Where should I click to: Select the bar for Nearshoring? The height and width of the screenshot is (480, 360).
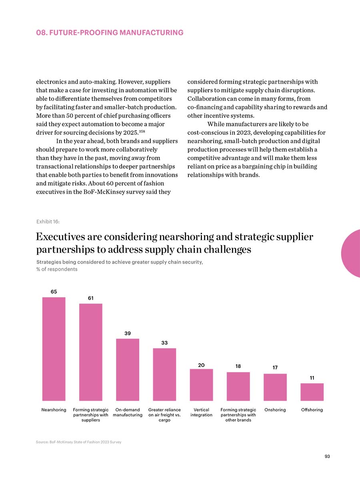(54, 349)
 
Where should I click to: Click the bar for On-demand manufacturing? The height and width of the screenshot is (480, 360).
(128, 370)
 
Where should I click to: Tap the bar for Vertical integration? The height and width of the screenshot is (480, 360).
(201, 385)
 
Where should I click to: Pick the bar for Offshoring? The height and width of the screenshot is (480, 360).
(312, 392)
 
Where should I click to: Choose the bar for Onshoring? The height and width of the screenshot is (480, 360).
(275, 387)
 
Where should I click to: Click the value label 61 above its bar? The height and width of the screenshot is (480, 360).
(91, 298)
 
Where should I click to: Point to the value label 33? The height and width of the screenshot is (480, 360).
(164, 343)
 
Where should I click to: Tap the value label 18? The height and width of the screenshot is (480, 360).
(238, 366)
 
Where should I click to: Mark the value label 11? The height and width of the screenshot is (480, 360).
(312, 378)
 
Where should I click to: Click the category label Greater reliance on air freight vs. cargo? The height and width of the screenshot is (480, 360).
(164, 415)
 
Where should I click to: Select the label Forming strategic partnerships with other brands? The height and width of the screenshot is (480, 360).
(238, 415)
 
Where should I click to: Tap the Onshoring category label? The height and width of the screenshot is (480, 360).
(275, 410)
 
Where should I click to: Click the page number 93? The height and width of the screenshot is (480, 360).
(327, 456)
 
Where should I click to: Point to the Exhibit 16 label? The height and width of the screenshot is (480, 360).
(48, 222)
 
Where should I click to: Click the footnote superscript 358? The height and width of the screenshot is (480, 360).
(142, 131)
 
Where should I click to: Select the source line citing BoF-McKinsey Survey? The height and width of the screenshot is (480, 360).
(78, 442)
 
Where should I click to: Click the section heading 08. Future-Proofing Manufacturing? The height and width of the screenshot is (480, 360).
(110, 32)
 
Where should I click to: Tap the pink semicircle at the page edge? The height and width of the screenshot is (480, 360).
(351, 254)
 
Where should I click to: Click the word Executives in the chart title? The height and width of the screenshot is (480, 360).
(60, 237)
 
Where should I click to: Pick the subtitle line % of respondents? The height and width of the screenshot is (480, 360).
(57, 269)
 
